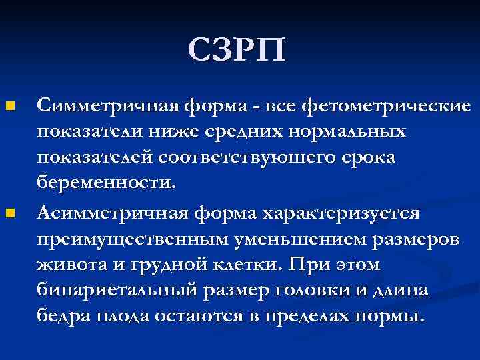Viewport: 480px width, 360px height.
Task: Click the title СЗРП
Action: click(x=236, y=50)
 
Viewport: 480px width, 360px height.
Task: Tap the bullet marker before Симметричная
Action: click(x=9, y=106)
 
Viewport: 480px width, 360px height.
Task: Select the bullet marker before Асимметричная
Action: click(x=9, y=213)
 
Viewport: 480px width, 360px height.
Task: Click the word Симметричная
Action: click(x=107, y=106)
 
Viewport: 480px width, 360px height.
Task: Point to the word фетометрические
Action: click(x=387, y=106)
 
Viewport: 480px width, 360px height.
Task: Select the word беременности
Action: click(x=107, y=184)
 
